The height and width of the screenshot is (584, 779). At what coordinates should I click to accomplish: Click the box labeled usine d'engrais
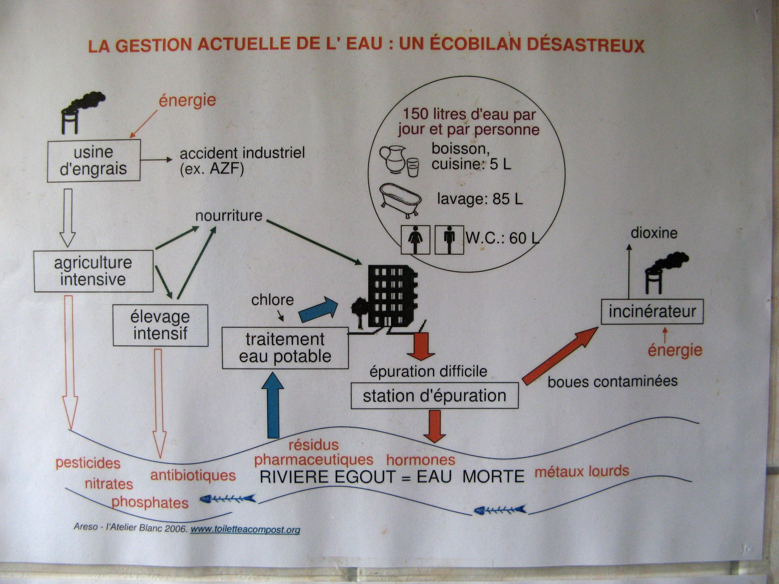[94, 160]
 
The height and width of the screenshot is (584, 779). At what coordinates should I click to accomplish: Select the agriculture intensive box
[93, 271]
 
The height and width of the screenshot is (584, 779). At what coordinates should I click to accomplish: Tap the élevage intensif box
[160, 325]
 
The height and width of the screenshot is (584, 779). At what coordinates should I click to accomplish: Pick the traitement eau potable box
[285, 348]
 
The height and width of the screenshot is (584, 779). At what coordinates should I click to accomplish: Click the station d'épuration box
[434, 396]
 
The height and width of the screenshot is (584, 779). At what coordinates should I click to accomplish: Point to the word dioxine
[654, 233]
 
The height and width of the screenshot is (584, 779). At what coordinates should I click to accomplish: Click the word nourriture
[229, 216]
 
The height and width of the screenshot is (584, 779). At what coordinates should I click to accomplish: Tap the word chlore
[272, 300]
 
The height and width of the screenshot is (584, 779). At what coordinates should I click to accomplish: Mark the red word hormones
[421, 460]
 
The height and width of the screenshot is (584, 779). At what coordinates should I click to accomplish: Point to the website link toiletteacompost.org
[245, 530]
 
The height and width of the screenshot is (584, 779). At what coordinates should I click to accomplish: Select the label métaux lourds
[582, 471]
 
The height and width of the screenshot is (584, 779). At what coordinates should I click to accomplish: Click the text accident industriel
[242, 154]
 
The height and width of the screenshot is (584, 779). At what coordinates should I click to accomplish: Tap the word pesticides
[88, 463]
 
